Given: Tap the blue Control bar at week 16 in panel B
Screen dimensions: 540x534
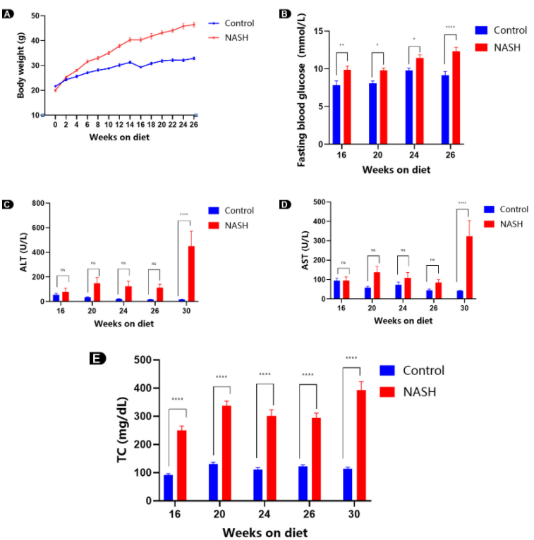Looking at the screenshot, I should pos(336,114).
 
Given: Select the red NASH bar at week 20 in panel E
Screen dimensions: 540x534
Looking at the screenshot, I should pos(226,453).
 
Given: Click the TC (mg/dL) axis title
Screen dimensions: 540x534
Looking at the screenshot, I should pos(123,431).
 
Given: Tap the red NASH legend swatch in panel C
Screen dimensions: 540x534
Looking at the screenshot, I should pos(214,224).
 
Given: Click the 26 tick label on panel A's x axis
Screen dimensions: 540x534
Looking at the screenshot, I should pos(193,125).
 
